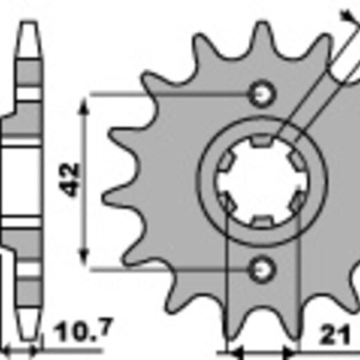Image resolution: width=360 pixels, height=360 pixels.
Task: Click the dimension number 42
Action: pos(69,179)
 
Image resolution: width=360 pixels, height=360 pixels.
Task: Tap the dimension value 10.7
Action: pos(83,330)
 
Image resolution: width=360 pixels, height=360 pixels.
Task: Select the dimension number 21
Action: pos(335,334)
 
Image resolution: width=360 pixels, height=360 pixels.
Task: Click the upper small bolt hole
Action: pos(262,94)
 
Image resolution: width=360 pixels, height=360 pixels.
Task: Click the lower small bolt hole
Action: pos(262,269)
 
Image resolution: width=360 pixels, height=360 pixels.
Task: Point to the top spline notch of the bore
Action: pos(262,141)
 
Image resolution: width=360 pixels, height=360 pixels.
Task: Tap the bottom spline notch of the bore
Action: pos(262,221)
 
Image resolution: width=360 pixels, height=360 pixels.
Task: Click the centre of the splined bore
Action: pos(262,181)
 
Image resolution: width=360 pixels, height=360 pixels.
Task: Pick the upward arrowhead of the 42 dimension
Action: pos(84,106)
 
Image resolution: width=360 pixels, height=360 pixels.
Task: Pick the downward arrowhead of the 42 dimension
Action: pos(84,257)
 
